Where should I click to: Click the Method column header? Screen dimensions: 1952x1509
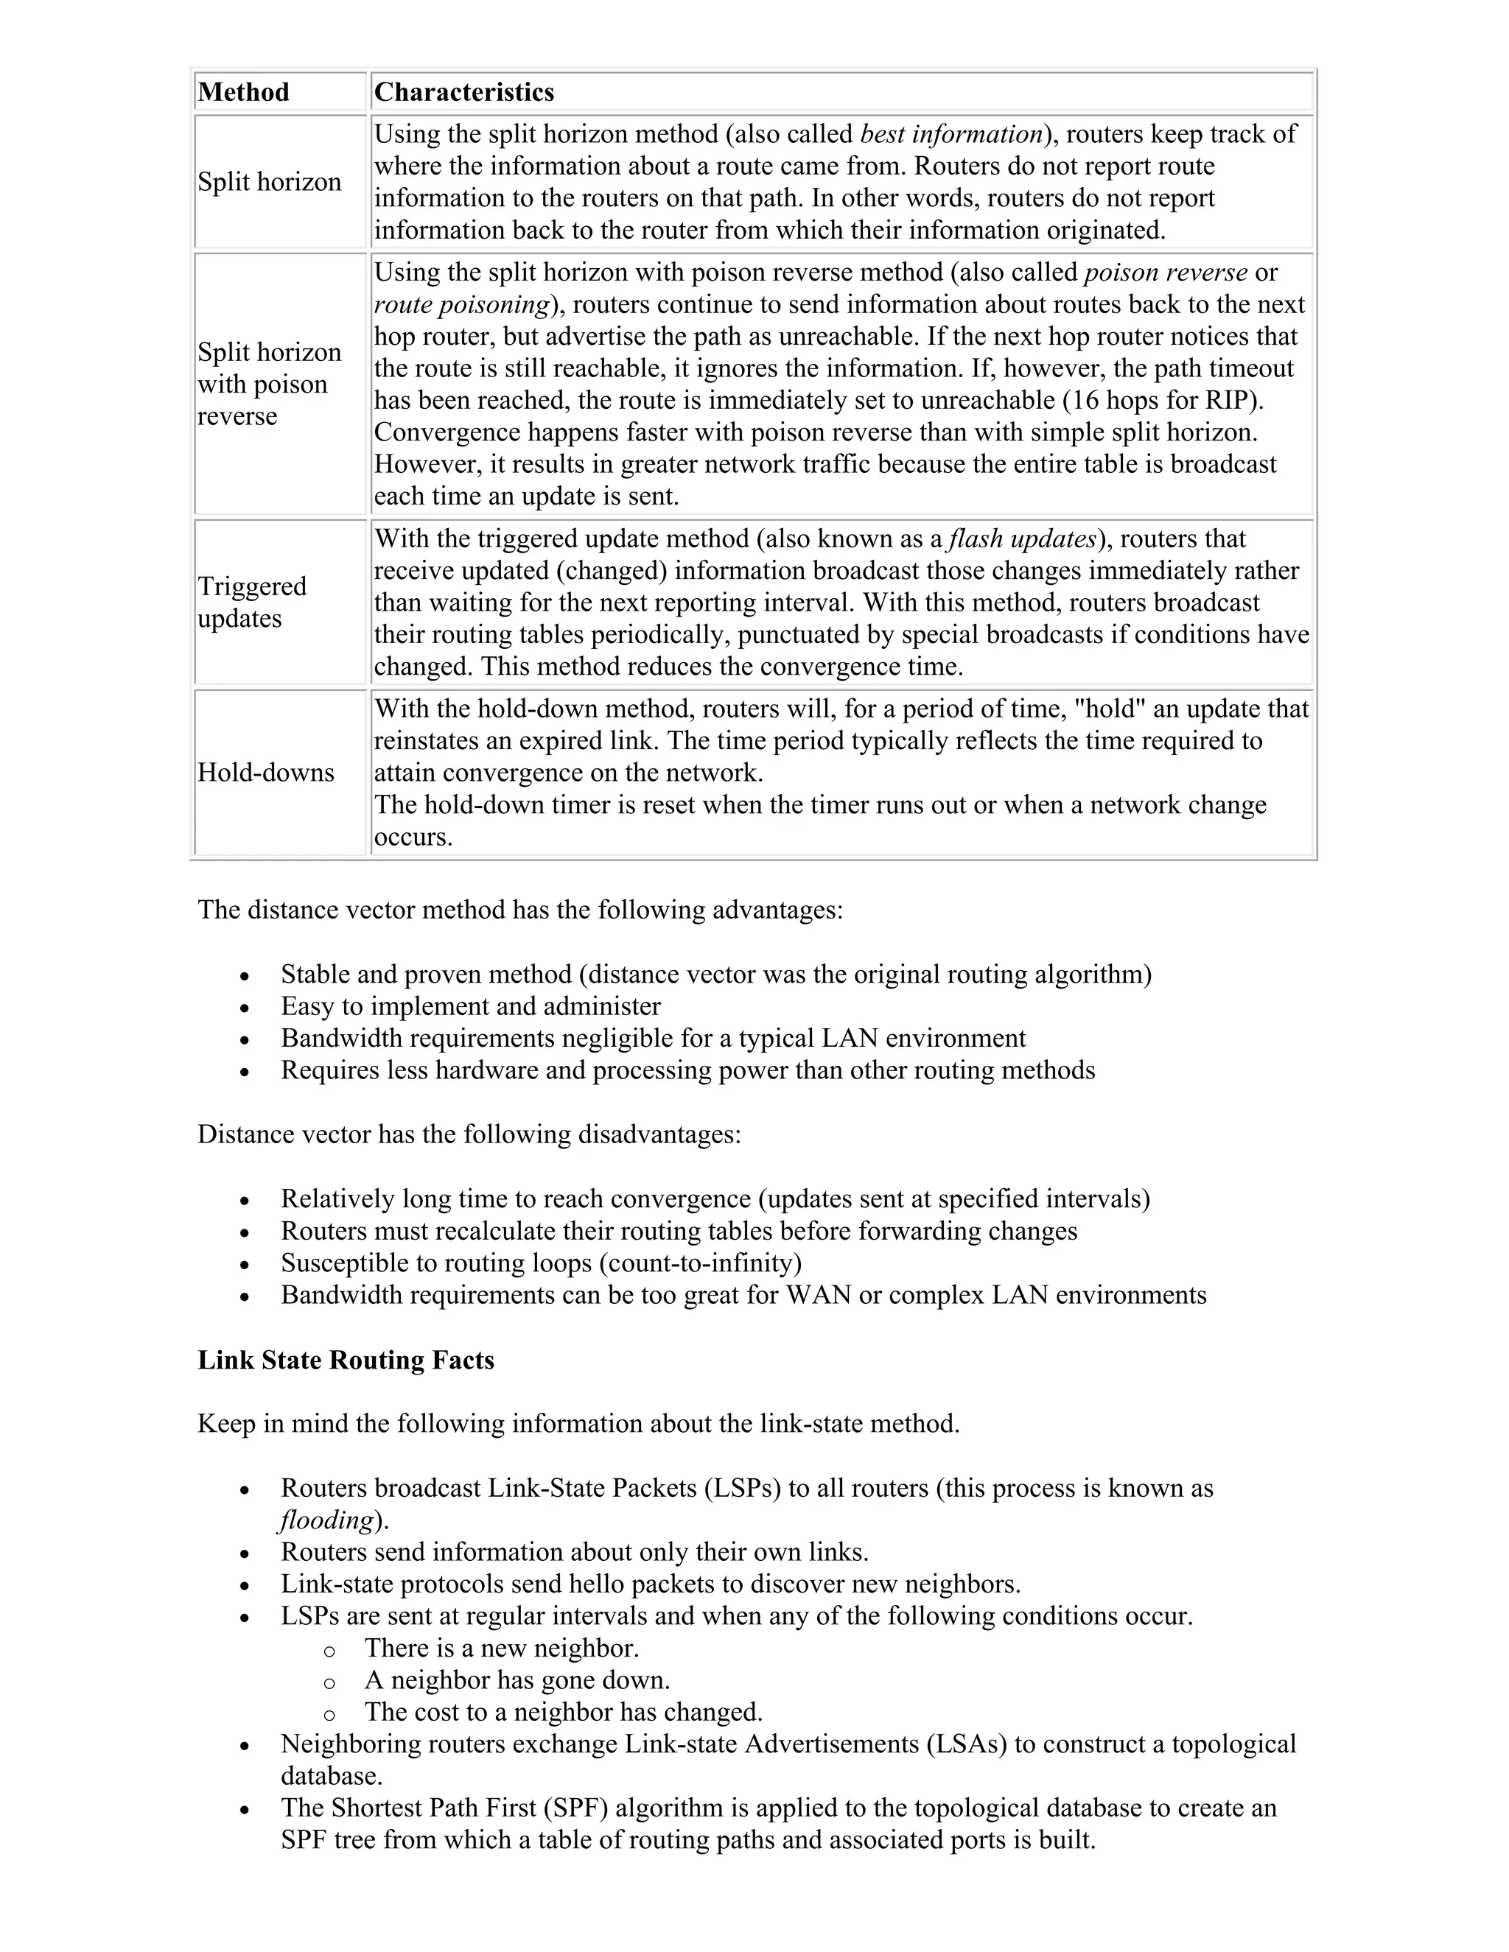[243, 92]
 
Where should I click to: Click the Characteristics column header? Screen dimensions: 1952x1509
[464, 92]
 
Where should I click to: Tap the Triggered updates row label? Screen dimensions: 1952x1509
[252, 603]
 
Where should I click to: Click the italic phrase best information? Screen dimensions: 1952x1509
[950, 134]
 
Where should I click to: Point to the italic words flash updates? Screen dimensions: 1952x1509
[1022, 539]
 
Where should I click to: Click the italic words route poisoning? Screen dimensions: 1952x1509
[461, 305]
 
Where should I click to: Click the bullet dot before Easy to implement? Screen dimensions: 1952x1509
[245, 1007]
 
